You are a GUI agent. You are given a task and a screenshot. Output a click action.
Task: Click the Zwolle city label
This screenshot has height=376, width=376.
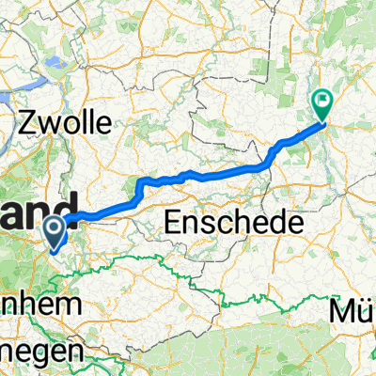point(67,122)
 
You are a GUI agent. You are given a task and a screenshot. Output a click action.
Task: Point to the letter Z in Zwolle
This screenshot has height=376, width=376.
point(28,122)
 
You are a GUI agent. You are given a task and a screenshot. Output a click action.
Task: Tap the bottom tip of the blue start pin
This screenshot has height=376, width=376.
point(55,251)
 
